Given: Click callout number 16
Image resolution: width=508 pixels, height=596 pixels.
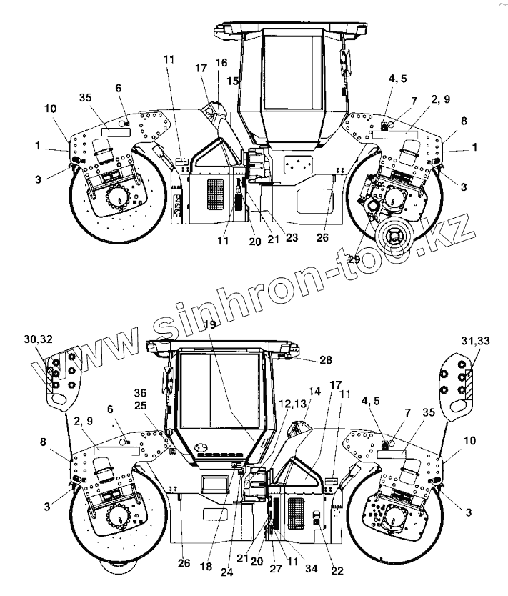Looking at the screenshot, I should [x=221, y=63].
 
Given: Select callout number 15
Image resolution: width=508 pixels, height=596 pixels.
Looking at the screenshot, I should [x=232, y=81].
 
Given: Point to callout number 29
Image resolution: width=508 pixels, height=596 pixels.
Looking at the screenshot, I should [x=353, y=259].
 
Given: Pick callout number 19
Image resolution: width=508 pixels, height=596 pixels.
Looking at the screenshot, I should [x=209, y=325].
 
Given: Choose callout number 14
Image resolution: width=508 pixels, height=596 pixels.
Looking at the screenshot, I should [x=315, y=391].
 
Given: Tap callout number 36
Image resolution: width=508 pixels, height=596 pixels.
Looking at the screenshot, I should [x=141, y=392].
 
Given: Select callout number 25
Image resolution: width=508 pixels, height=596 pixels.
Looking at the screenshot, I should [x=141, y=404].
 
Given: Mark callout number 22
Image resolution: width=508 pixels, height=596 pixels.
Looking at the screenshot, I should [x=338, y=571].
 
